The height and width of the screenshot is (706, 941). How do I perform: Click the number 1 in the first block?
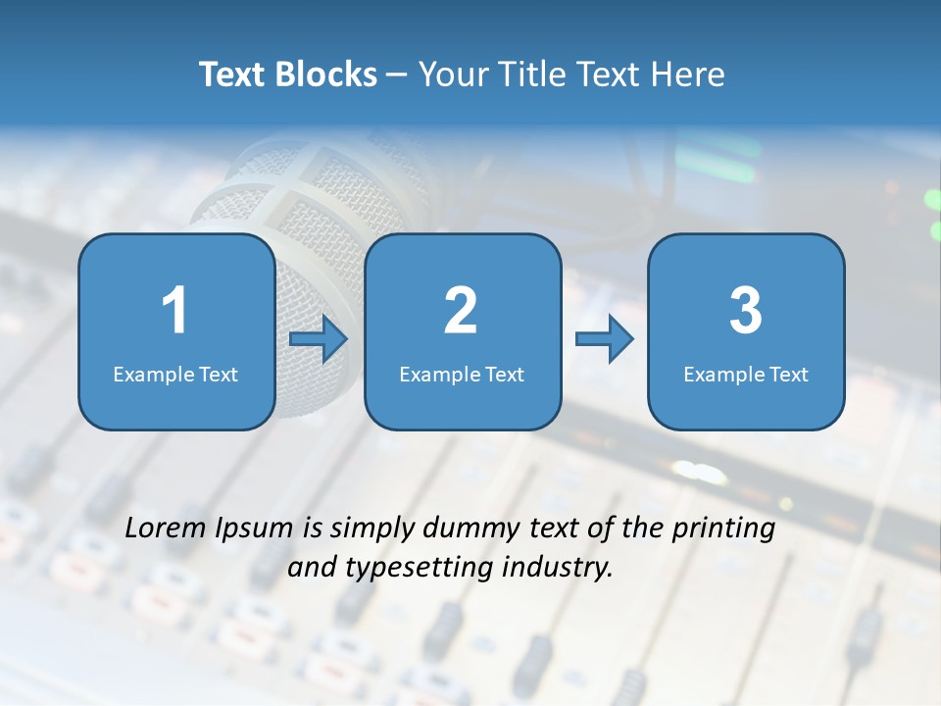[174, 311]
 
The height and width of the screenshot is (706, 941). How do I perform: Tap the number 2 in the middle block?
[461, 311]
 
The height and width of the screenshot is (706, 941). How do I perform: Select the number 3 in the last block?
[746, 311]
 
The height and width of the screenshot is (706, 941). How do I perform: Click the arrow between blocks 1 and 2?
[319, 339]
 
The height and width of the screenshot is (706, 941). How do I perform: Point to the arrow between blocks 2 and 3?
[605, 339]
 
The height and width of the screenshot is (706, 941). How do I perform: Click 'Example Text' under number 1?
[175, 374]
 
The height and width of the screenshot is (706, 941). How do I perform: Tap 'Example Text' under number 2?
[462, 374]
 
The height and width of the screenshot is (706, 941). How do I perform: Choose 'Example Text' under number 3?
[746, 374]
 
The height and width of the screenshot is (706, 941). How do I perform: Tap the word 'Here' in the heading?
[690, 75]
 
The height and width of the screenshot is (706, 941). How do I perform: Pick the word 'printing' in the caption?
[723, 529]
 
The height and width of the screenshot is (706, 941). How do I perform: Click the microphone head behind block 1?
[294, 196]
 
